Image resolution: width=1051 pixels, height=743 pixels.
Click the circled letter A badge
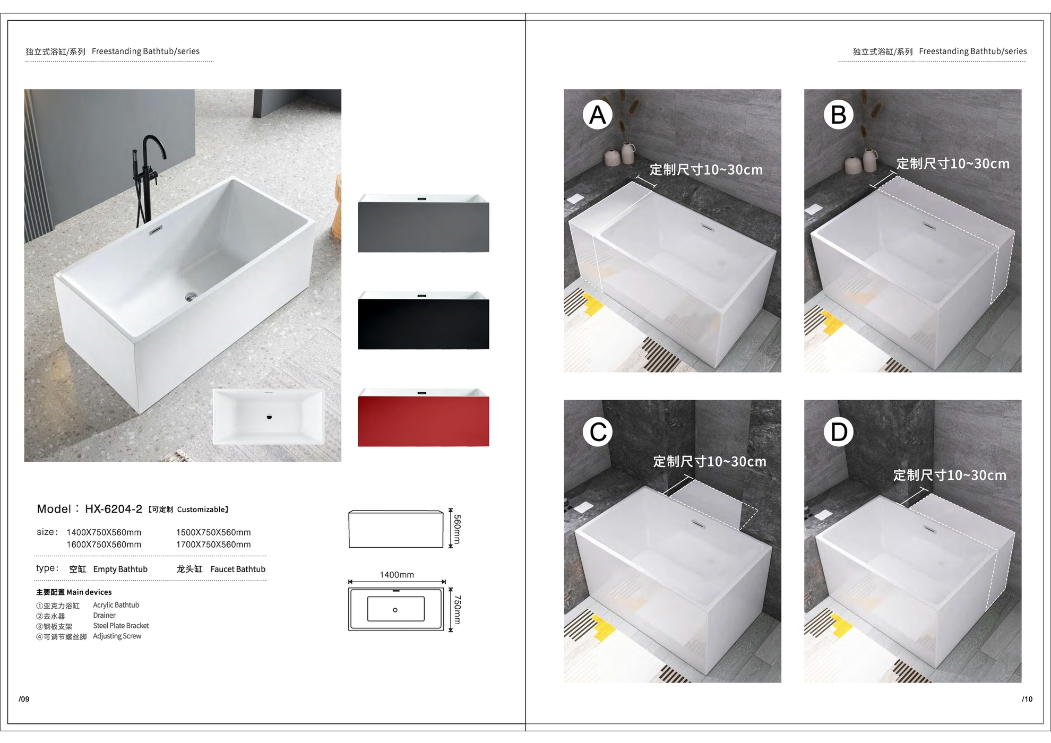[x=598, y=115]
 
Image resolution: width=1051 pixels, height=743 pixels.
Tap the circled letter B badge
[x=839, y=115]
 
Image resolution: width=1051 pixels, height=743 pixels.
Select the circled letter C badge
[x=598, y=431]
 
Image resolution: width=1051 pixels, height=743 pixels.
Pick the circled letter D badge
[x=839, y=431]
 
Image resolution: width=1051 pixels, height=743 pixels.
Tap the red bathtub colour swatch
[x=423, y=417]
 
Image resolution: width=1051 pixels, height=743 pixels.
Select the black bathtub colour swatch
[x=423, y=320]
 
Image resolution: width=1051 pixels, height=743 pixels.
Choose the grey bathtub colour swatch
[x=423, y=223]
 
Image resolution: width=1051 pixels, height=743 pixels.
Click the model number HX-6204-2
[x=114, y=509]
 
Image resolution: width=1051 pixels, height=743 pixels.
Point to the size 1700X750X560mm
[x=213, y=545]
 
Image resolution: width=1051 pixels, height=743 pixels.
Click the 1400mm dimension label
[x=397, y=575]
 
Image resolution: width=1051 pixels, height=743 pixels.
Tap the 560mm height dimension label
[x=457, y=529]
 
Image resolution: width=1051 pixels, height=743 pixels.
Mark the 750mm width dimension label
[x=457, y=610]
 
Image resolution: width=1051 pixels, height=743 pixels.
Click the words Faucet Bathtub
[x=238, y=569]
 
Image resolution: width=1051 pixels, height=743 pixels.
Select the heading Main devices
[x=89, y=592]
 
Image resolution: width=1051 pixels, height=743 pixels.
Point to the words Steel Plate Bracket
[x=121, y=626]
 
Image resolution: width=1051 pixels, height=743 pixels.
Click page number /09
[x=24, y=699]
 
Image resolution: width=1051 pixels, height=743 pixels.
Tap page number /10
[x=1027, y=699]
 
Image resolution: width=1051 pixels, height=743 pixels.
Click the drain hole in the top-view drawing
[x=395, y=610]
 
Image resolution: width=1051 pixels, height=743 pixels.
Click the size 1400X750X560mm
[x=104, y=532]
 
